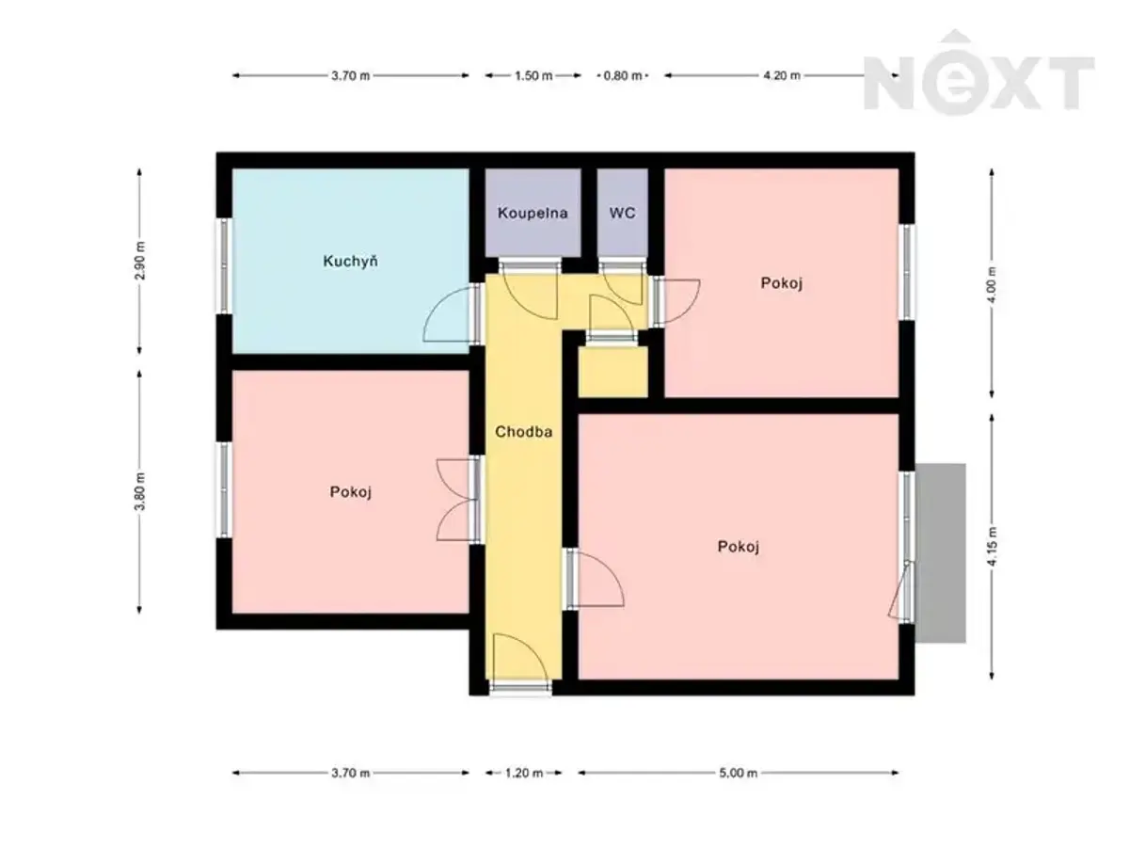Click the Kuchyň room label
coord(350,262)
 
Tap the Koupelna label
coord(533,213)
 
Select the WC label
coord(623,213)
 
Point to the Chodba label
coord(524,432)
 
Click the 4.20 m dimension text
coord(782,75)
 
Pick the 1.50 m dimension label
coord(533,75)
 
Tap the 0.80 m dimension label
coord(623,75)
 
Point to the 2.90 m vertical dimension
coord(139,261)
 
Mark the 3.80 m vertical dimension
coord(139,491)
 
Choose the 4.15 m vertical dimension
coord(993,547)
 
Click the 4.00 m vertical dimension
coord(993,284)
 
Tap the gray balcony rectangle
coord(940,552)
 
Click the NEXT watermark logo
coord(978,73)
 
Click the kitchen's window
coord(224,266)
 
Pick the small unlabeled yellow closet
coord(612,372)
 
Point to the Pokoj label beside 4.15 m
coord(739,547)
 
